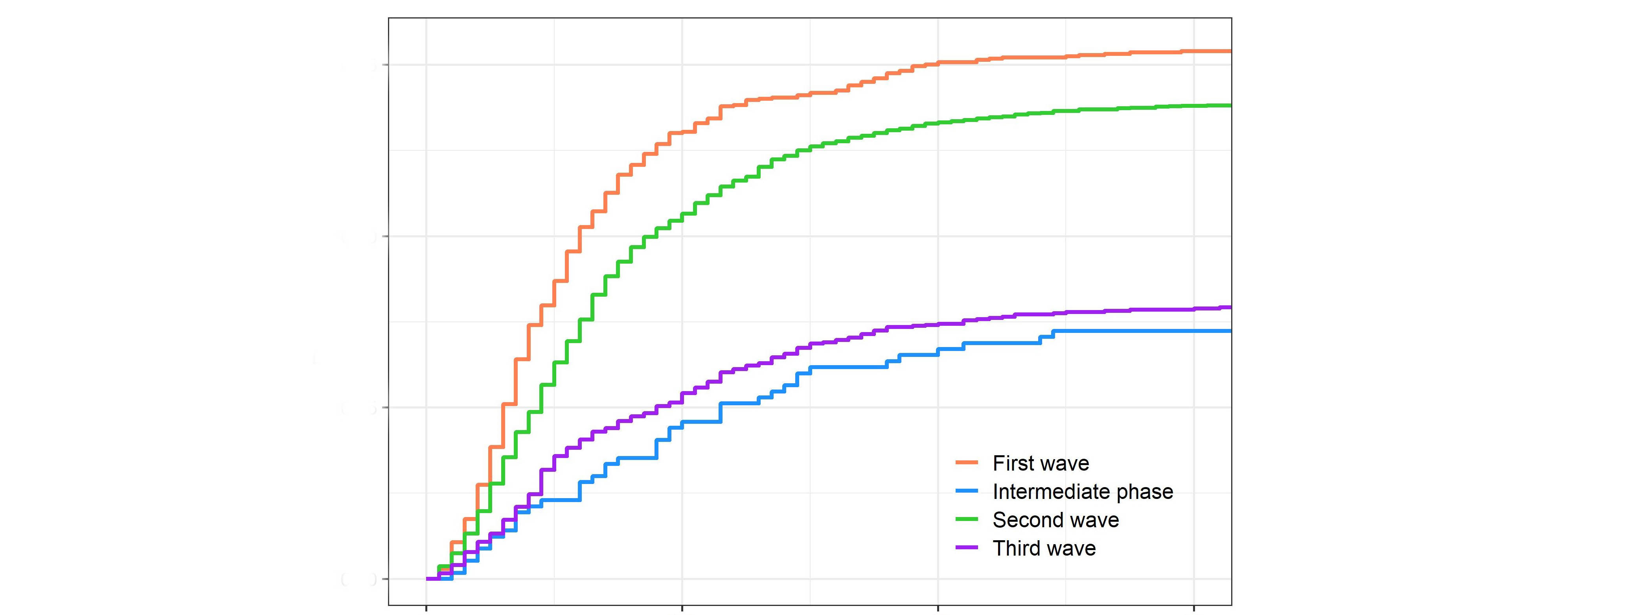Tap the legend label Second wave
coord(1055,520)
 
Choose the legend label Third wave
coord(1043,548)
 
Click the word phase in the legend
coord(1145,492)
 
